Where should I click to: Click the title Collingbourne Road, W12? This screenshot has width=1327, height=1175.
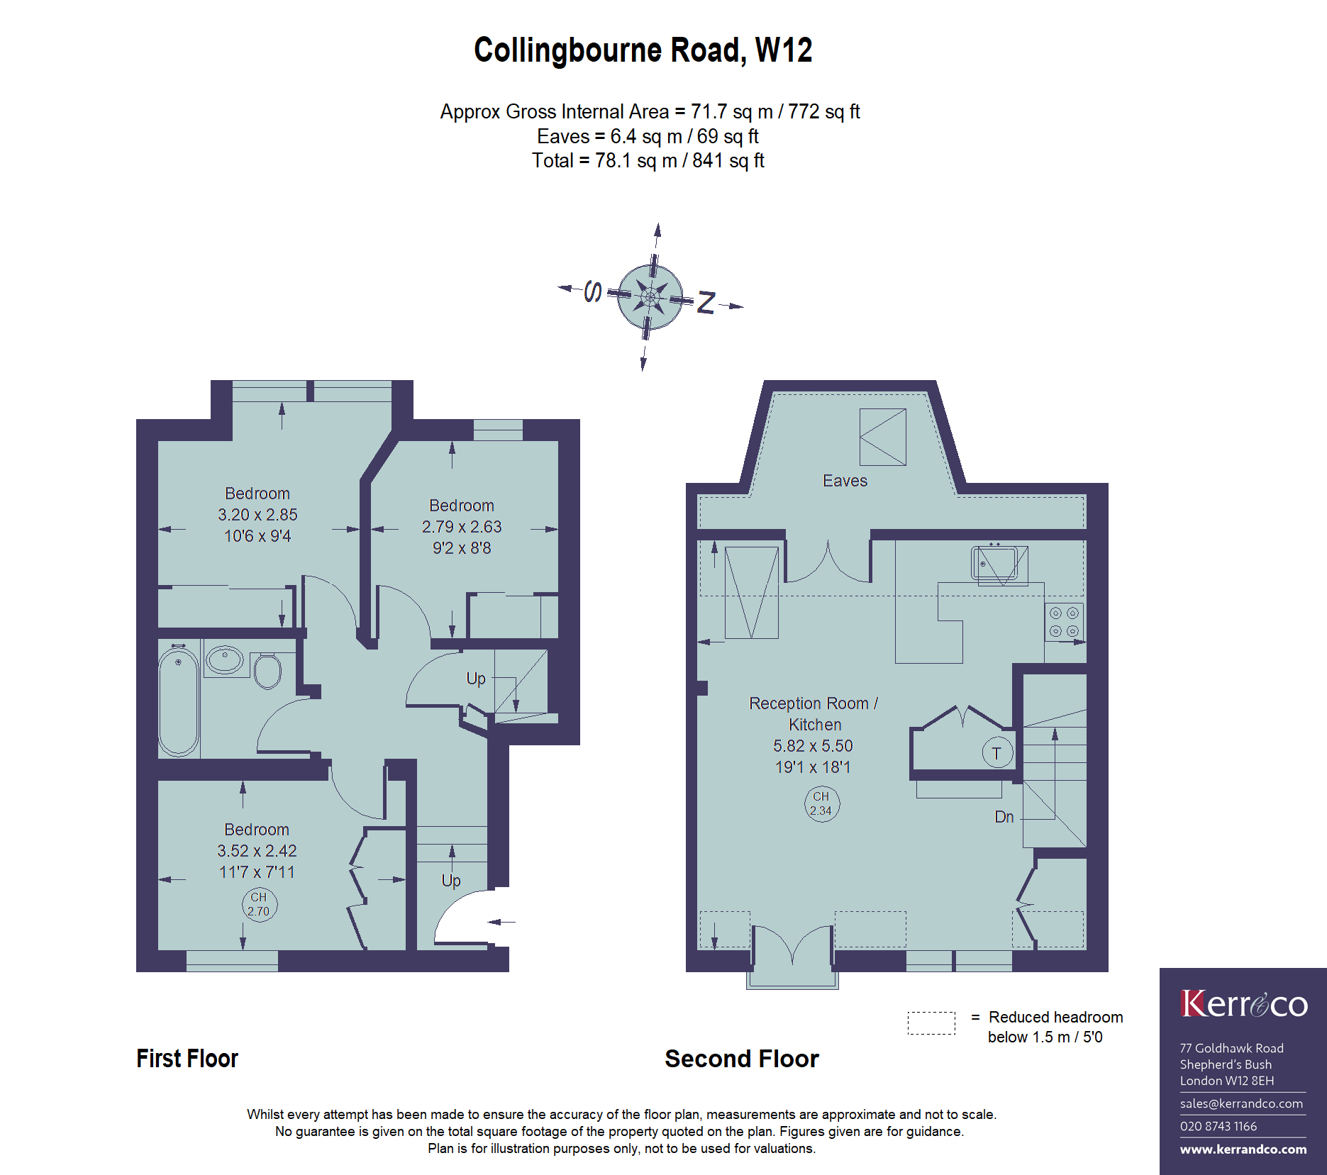point(643,51)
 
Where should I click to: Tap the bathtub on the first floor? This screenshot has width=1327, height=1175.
point(178,701)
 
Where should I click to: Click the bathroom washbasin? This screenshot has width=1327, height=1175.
point(225,659)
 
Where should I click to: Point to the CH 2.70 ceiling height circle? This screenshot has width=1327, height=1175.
point(259,905)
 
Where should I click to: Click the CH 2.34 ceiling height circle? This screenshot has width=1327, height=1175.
point(821,804)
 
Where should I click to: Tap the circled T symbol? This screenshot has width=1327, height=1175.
point(997,753)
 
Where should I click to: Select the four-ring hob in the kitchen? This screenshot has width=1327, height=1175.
point(1064,622)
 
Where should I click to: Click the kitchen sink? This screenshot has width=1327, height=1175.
point(999,565)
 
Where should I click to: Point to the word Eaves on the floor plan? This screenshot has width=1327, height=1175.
point(845,481)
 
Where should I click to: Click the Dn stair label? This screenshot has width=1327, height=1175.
point(1004,817)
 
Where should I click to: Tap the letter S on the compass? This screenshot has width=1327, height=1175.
point(593,291)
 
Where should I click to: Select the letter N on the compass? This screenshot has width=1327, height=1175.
point(706,303)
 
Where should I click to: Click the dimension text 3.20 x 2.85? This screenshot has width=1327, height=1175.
point(257,515)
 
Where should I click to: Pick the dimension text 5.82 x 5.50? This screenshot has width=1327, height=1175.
point(813,746)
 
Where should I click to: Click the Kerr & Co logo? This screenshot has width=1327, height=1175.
point(1244,1004)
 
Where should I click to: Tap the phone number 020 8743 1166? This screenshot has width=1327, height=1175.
point(1218,1126)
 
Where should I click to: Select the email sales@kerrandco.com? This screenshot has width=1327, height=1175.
point(1241,1103)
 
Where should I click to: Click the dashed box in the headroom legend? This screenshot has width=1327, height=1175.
point(931,1023)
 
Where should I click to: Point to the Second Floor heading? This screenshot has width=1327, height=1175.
point(742,1059)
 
